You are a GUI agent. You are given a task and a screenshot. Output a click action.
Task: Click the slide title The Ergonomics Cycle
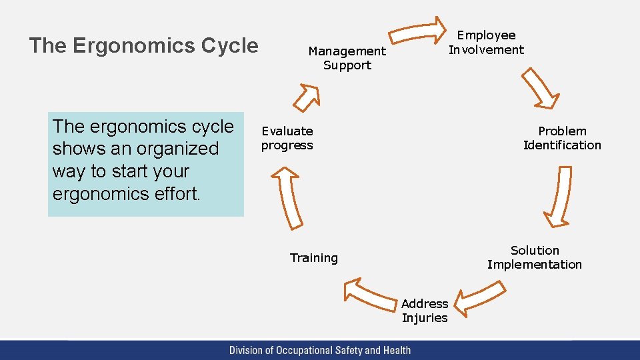143,45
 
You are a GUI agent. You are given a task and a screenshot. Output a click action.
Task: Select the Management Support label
347,58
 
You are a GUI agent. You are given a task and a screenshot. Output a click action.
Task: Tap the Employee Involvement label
486,42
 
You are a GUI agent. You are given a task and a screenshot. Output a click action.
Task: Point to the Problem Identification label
562,138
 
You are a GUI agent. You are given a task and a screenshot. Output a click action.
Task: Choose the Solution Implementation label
534,257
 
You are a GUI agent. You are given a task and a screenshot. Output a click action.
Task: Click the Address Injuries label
425,311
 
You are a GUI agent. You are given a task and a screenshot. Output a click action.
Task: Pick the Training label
313,258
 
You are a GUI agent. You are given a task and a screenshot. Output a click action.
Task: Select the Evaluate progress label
287,138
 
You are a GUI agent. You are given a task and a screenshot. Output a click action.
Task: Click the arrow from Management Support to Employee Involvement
417,31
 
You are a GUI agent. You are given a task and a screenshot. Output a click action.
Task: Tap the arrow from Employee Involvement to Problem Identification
539,88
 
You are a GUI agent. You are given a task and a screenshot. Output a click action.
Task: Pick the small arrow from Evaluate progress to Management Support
307,97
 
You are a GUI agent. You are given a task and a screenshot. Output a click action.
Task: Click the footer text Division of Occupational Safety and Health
320,350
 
